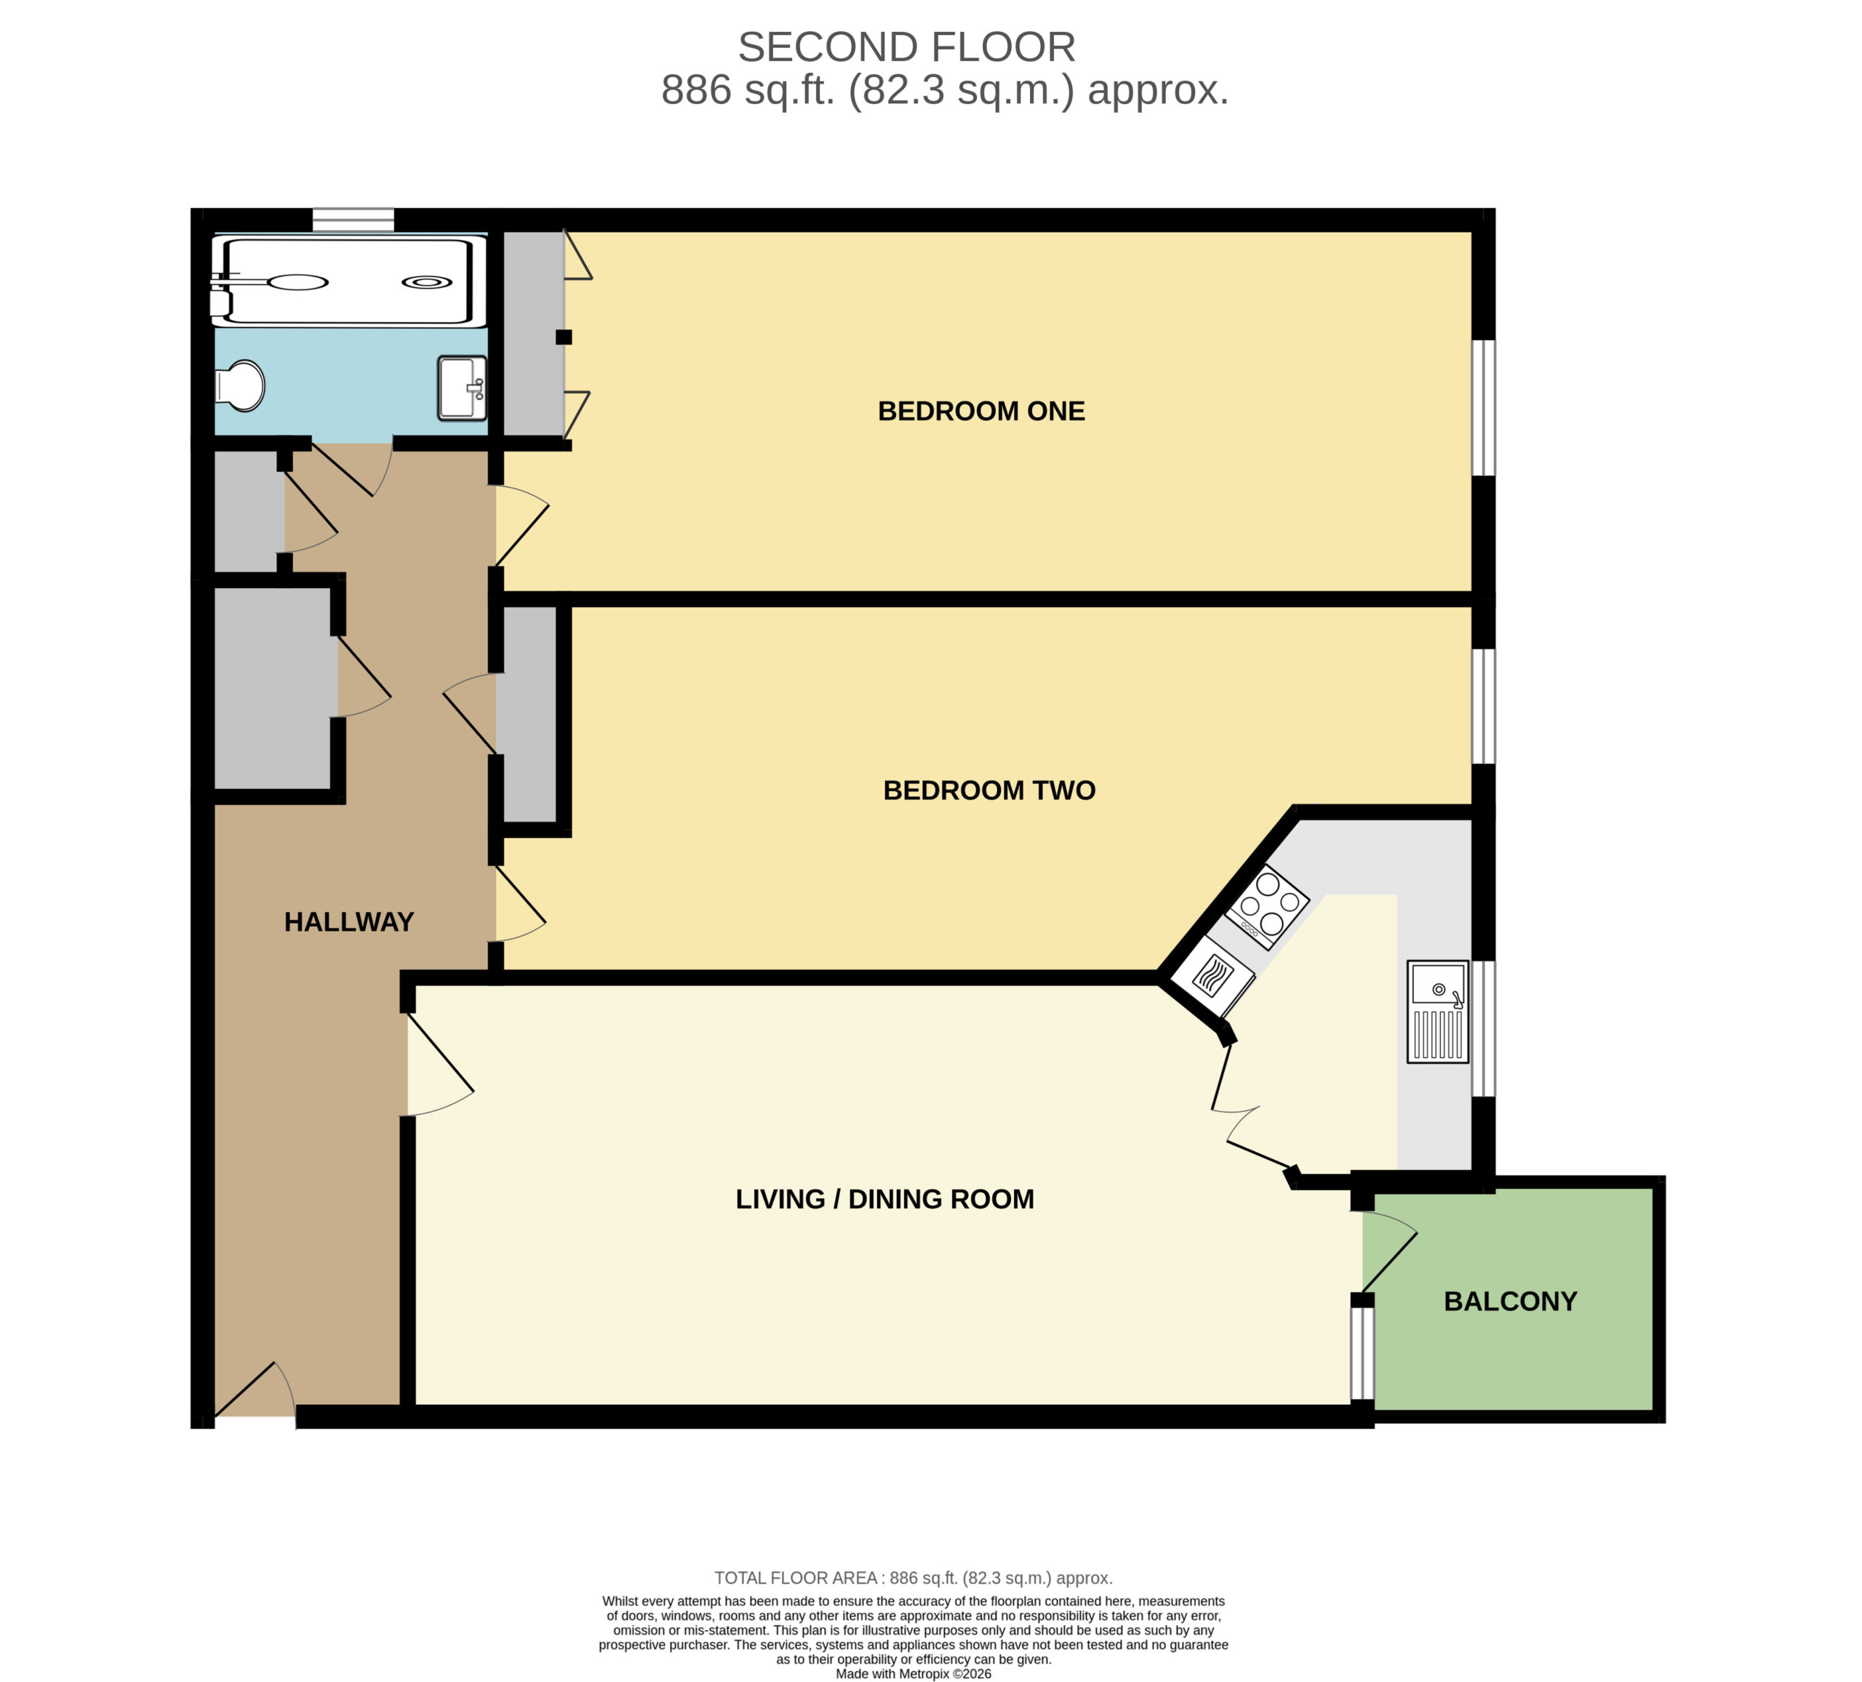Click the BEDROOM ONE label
coord(981,411)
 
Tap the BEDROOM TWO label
coord(989,790)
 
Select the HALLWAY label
coord(348,922)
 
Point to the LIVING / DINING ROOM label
coord(885,1199)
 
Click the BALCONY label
coord(1510,1302)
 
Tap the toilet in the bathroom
coord(239,385)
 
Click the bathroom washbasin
coord(462,388)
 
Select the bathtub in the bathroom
coord(348,281)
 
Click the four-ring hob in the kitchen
coord(1267,906)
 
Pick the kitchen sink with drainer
coord(1437,1012)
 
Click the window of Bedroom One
coord(1482,407)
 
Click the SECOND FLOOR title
coord(906,47)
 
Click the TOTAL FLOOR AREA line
coord(914,1579)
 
